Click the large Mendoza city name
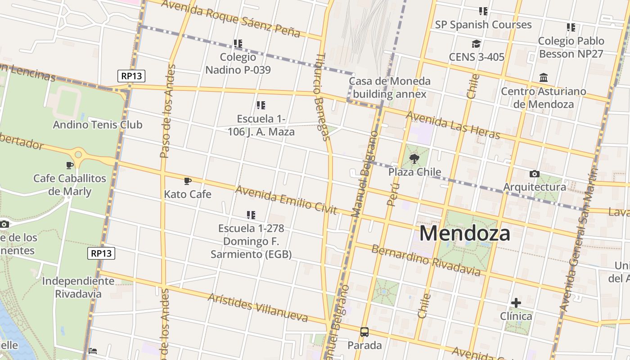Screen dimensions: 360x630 465,234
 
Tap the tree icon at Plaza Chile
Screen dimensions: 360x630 414,158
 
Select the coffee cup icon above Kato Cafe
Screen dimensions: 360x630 188,181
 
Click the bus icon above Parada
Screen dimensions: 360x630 364,332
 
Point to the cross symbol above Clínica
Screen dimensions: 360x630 516,303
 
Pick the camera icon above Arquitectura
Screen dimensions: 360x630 534,174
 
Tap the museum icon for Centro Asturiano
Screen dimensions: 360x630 543,78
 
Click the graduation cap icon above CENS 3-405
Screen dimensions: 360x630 476,44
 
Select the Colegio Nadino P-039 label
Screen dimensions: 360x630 238,63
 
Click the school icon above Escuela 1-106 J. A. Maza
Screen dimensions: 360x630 261,105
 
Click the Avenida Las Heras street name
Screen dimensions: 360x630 453,125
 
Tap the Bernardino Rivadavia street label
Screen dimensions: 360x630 426,261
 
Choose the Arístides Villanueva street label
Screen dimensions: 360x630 258,308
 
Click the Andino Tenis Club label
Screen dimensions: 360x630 98,125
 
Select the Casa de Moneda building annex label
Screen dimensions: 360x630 390,87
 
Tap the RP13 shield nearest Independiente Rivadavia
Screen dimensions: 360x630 101,253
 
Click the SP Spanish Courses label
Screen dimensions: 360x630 483,25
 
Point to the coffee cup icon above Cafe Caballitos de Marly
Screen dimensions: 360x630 70,165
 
